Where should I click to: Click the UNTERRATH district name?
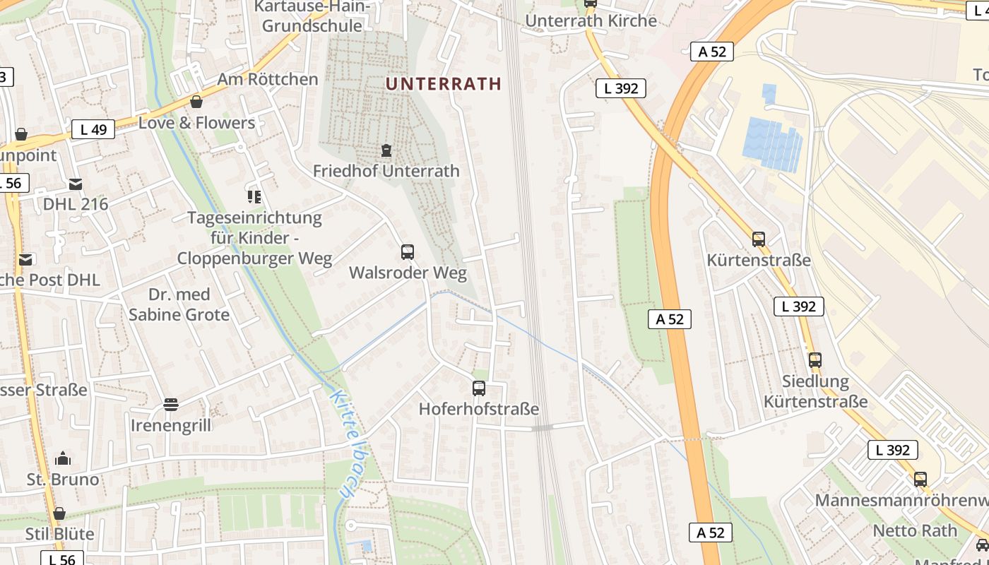444,83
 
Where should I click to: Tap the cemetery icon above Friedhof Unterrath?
386,150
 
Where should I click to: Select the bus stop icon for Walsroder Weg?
408,252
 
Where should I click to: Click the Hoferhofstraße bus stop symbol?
479,388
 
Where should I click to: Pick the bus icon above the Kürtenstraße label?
759,239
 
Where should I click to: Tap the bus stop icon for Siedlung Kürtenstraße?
815,359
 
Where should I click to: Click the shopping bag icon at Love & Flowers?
196,102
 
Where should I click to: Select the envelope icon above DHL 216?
76,184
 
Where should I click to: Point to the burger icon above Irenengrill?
170,405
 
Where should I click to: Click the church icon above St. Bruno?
63,459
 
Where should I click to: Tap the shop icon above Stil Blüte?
59,513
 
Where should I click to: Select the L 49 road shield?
93,129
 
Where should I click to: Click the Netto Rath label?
915,530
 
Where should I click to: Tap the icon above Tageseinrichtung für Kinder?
254,197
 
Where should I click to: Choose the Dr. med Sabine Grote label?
179,304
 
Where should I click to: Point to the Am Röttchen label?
267,79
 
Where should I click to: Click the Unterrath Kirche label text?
591,21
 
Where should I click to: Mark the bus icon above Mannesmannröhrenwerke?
920,480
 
